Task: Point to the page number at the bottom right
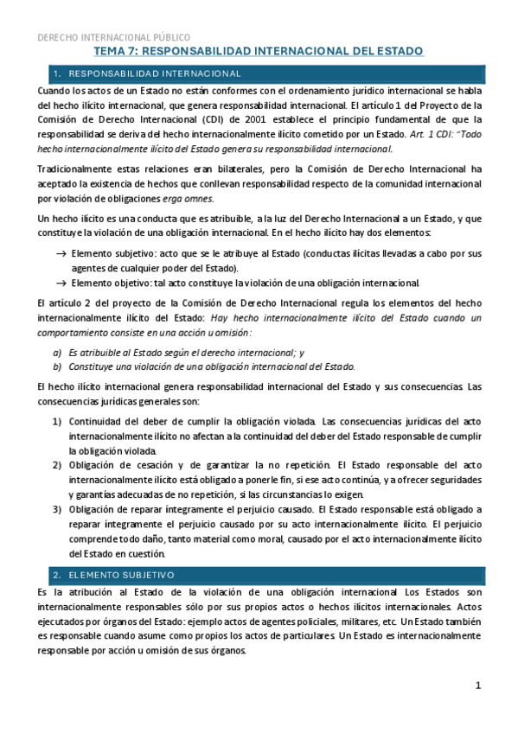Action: click(x=478, y=685)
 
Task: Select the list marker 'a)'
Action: click(x=57, y=351)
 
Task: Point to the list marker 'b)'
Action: click(x=57, y=366)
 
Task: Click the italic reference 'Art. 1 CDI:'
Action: click(x=434, y=134)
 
